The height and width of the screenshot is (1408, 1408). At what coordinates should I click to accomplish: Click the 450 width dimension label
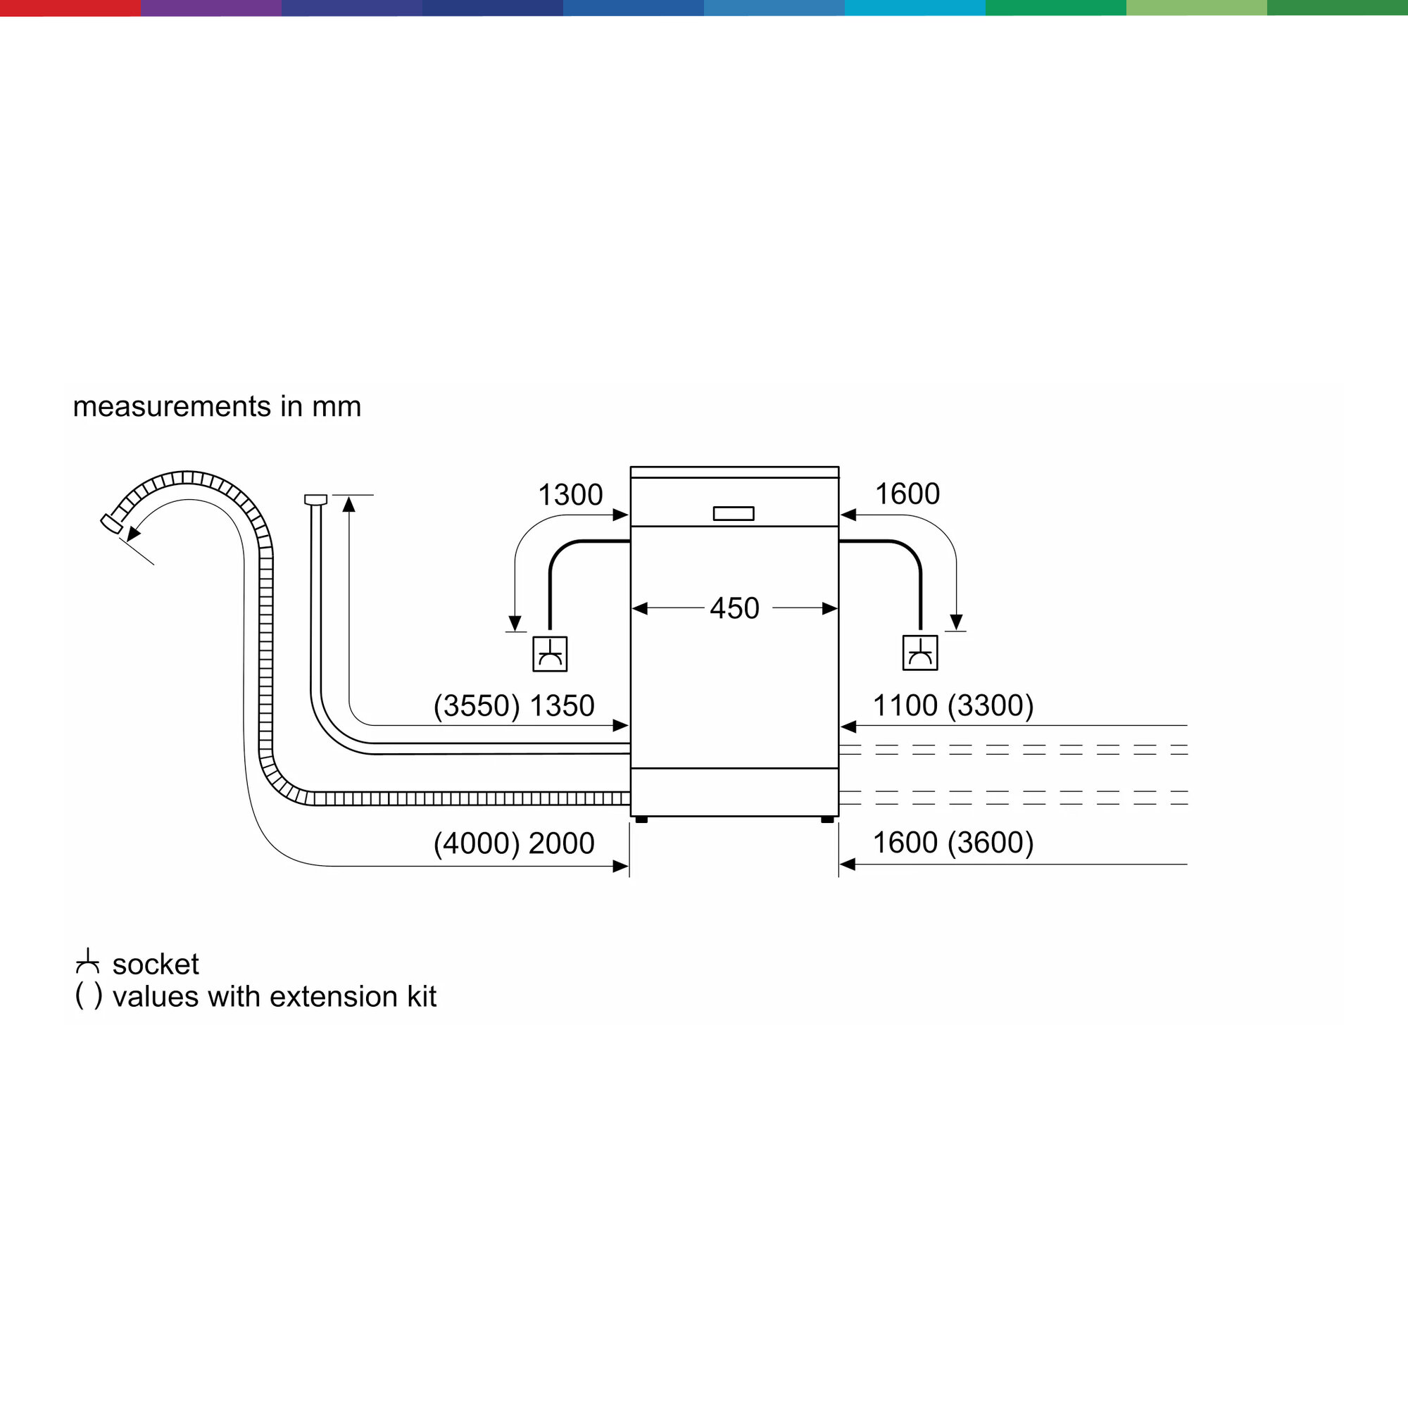tap(734, 608)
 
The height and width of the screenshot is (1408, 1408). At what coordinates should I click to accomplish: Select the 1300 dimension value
tap(570, 495)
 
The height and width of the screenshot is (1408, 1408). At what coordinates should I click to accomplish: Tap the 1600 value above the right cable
tap(907, 494)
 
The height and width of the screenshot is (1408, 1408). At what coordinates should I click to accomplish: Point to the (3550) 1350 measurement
tap(514, 705)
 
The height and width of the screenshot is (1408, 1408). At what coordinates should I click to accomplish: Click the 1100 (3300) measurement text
tap(953, 705)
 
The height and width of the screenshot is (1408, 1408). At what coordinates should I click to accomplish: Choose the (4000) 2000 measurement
tap(514, 843)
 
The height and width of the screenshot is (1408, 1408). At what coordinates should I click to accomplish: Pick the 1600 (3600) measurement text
tap(953, 843)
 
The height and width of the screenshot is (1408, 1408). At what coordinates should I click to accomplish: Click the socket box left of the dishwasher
tap(550, 654)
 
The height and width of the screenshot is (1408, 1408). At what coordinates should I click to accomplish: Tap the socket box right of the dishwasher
tap(919, 653)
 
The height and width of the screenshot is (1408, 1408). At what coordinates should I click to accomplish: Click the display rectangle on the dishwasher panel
tap(733, 514)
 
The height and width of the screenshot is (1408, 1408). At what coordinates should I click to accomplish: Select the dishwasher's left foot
tap(641, 820)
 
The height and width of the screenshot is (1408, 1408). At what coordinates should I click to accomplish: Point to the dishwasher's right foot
tap(827, 820)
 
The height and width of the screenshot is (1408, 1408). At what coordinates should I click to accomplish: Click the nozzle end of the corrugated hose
tap(111, 523)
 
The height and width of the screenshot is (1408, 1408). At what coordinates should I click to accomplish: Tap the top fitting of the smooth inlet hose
tap(315, 499)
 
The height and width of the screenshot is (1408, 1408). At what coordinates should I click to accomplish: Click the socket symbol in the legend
tap(87, 962)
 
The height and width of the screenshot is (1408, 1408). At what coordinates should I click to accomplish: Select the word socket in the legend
tap(155, 964)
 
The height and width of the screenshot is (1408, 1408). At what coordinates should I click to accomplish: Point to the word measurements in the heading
tap(172, 407)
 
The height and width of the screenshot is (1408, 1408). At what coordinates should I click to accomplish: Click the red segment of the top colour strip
tap(70, 7)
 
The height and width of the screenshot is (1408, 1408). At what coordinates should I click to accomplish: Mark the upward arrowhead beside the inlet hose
tap(349, 503)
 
